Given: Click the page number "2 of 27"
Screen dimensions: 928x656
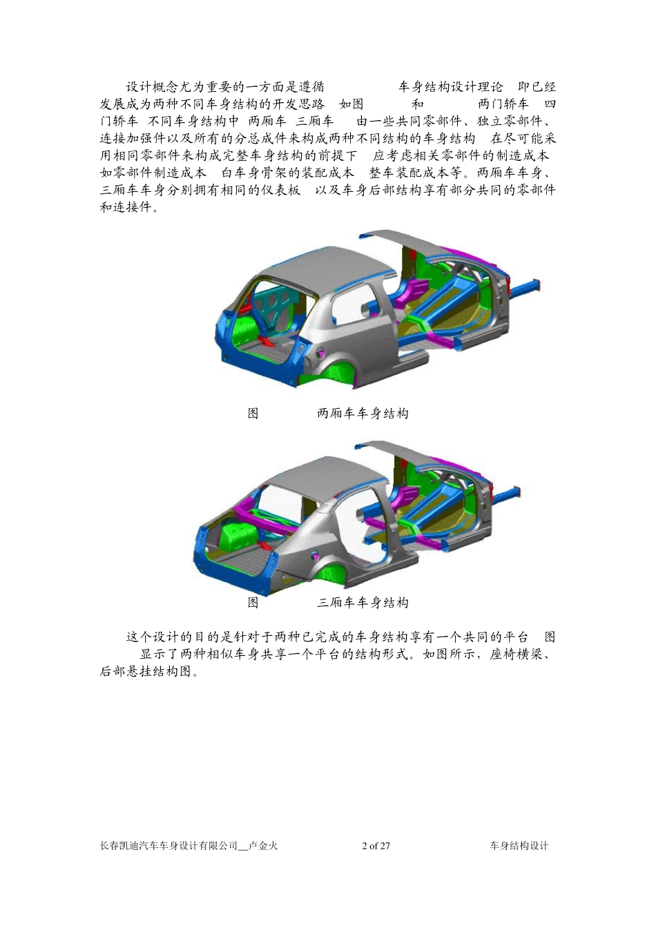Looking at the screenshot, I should (x=376, y=846).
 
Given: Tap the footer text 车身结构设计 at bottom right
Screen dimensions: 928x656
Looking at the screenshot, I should (x=519, y=846).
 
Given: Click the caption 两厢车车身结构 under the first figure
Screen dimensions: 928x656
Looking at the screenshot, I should (x=363, y=414).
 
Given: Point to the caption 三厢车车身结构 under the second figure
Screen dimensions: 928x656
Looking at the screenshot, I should (x=363, y=603).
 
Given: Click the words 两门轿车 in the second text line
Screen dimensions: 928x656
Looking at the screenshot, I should (x=503, y=104).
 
